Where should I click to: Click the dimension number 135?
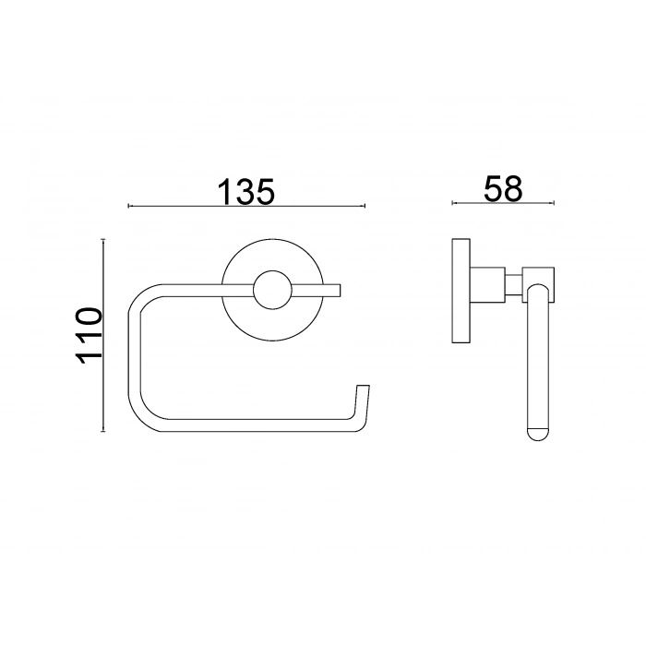[x=247, y=191]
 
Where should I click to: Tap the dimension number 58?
[x=503, y=187]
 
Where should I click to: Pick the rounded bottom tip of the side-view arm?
[x=536, y=435]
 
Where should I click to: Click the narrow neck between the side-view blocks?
[x=511, y=283]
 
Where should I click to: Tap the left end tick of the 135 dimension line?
[x=128, y=206]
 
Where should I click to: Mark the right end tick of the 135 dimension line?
[x=365, y=206]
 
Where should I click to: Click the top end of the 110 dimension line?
[x=103, y=238]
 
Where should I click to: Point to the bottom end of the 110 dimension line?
[x=103, y=432]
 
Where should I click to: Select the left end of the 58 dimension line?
[x=452, y=202]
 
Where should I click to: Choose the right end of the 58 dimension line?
[x=554, y=202]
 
